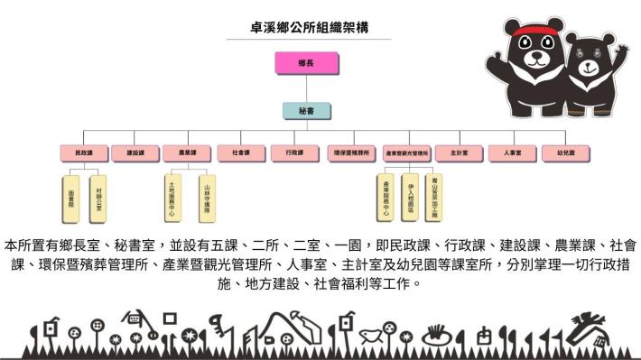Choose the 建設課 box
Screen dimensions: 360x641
pos(137,153)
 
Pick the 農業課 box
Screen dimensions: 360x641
pos(188,153)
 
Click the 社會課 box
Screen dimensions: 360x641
pos(241,153)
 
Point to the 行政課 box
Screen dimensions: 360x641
pos(294,153)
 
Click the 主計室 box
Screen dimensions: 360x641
pos(460,153)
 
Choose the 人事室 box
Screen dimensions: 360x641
pos(513,153)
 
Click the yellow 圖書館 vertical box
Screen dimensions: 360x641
pos(71,198)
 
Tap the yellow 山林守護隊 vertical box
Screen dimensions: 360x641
pos(207,198)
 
